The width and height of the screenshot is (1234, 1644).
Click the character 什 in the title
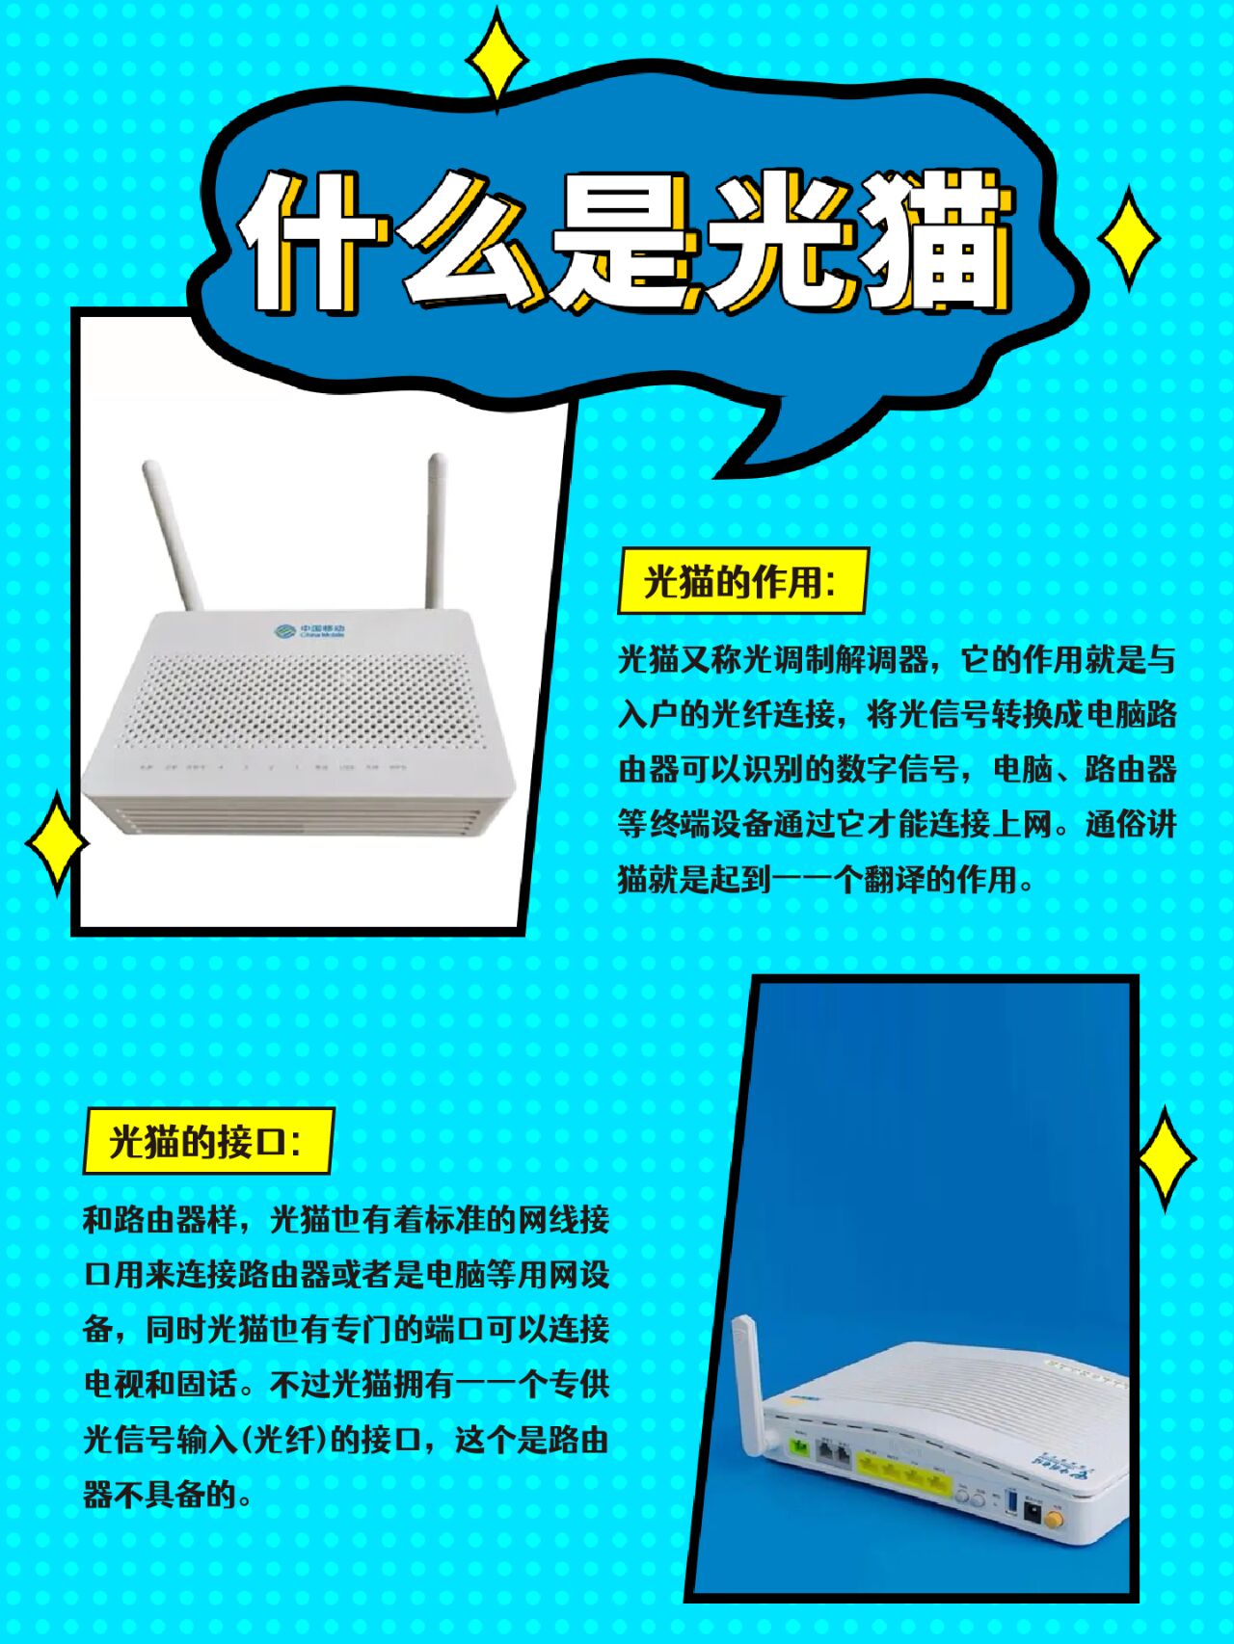[x=307, y=243]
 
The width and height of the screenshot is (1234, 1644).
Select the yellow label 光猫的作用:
[x=741, y=581]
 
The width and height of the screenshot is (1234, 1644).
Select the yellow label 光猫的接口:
[x=207, y=1141]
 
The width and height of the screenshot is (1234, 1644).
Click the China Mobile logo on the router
[x=308, y=631]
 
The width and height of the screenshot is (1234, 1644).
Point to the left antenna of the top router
[x=174, y=535]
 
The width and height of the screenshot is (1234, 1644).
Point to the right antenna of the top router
[x=435, y=530]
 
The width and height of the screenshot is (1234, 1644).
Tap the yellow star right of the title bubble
[x=1129, y=239]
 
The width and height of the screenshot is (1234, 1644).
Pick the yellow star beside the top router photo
[x=56, y=844]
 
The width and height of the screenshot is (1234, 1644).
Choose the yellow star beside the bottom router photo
[x=1166, y=1158]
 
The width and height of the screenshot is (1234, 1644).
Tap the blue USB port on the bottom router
[x=1011, y=1500]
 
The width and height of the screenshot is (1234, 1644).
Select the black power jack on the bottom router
[x=1032, y=1510]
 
